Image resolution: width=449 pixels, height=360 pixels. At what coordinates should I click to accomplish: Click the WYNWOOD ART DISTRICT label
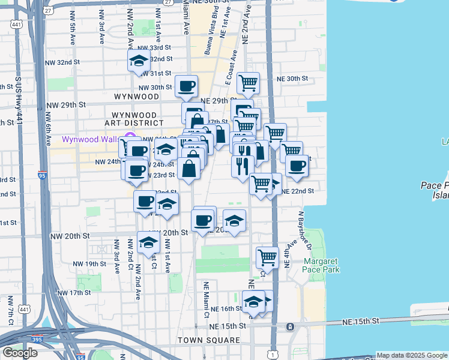pos(134,119)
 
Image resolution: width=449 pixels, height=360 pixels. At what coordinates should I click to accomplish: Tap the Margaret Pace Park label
pos(321,265)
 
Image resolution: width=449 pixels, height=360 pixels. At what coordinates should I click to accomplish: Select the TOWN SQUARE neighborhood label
pos(208,340)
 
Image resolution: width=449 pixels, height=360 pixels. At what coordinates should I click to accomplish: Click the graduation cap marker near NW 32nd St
pos(139,61)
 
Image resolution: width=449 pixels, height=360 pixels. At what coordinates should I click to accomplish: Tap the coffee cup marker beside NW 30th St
pos(186,86)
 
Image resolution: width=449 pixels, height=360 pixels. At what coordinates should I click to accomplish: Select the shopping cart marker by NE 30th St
pos(248,83)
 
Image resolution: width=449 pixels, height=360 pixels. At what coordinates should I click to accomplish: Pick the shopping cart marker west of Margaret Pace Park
pos(267,257)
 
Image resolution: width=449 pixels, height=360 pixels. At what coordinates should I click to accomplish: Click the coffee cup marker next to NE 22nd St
pos(297,166)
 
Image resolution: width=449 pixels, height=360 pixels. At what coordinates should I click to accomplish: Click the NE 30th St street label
pos(292,79)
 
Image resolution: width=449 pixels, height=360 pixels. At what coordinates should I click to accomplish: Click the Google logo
pos(20,352)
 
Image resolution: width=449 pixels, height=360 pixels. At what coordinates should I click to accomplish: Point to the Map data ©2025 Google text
pos(412,356)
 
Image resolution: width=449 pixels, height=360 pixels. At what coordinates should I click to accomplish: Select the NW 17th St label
pos(74,292)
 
